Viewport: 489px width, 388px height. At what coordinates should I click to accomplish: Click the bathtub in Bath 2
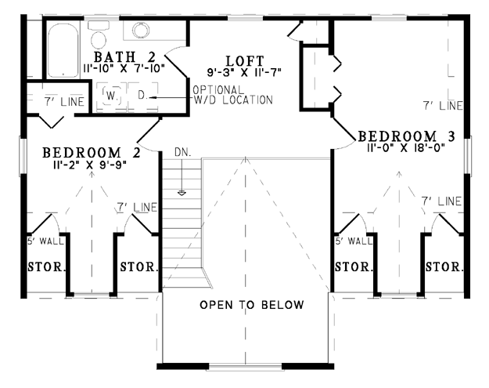point(63,49)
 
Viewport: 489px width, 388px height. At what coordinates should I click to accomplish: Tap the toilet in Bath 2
point(99,35)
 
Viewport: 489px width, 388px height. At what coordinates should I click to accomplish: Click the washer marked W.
point(111,96)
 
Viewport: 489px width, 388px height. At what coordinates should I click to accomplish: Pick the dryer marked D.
point(142,96)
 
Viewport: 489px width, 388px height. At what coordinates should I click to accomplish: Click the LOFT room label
point(245,61)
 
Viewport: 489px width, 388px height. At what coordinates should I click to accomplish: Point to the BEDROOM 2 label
point(92,153)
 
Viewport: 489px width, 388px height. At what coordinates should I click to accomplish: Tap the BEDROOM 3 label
point(406,136)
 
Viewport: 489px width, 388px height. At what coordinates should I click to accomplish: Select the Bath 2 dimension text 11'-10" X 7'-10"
point(124,68)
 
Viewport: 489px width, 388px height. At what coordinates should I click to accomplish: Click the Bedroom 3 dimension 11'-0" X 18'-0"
point(406,147)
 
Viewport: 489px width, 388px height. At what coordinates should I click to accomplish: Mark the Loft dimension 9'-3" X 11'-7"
point(244,72)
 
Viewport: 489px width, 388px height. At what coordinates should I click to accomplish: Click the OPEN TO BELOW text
point(252,305)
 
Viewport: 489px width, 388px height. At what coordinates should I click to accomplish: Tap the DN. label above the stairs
point(183,152)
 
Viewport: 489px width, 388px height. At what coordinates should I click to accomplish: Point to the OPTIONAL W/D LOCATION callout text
point(232,95)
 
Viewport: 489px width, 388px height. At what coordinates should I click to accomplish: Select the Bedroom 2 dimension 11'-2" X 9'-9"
point(90,164)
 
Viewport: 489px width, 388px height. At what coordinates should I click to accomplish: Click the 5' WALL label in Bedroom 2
point(45,241)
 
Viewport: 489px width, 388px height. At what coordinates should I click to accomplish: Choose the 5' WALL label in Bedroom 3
point(354,241)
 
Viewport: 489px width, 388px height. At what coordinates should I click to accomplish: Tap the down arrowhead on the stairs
point(182,193)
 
